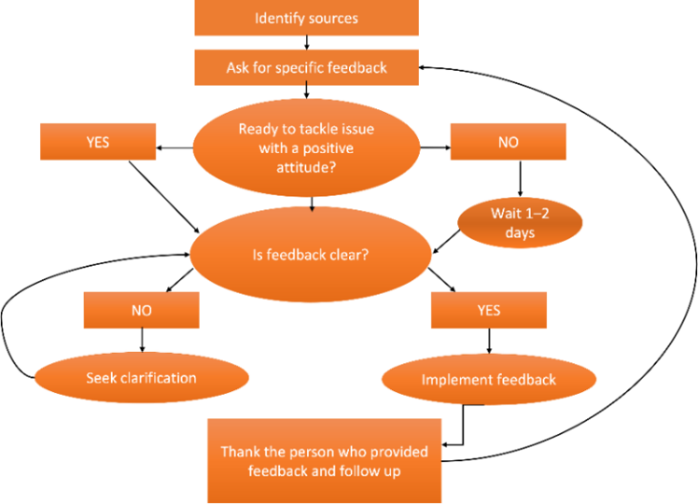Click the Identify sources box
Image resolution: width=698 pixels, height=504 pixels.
tap(306, 18)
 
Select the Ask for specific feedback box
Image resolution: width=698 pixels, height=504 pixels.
tap(306, 67)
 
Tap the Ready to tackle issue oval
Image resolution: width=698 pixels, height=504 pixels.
tap(306, 147)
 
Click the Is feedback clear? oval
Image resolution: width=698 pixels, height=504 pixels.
tap(310, 255)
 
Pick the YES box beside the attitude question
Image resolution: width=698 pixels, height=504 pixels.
tap(98, 142)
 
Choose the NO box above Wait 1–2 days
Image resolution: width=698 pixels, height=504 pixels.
tap(508, 142)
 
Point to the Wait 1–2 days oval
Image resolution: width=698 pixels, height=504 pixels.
tap(520, 223)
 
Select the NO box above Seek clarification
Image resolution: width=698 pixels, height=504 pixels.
tap(142, 310)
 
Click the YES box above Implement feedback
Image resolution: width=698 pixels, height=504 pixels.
tap(489, 310)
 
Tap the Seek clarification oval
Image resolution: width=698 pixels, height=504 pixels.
tap(142, 378)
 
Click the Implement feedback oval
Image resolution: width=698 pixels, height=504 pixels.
tap(489, 379)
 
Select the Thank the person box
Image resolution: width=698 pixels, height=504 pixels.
tap(324, 460)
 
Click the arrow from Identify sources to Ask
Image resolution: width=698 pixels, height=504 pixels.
tap(306, 43)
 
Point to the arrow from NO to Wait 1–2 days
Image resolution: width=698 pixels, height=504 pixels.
tap(520, 178)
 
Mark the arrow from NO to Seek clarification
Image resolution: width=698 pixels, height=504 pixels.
tap(142, 340)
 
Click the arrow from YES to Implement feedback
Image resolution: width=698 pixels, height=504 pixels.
tap(489, 341)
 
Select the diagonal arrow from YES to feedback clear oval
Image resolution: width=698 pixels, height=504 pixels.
tap(165, 197)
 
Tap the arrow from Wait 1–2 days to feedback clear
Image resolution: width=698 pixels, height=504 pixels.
tap(446, 241)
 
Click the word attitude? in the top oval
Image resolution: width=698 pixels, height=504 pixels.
tap(306, 167)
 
